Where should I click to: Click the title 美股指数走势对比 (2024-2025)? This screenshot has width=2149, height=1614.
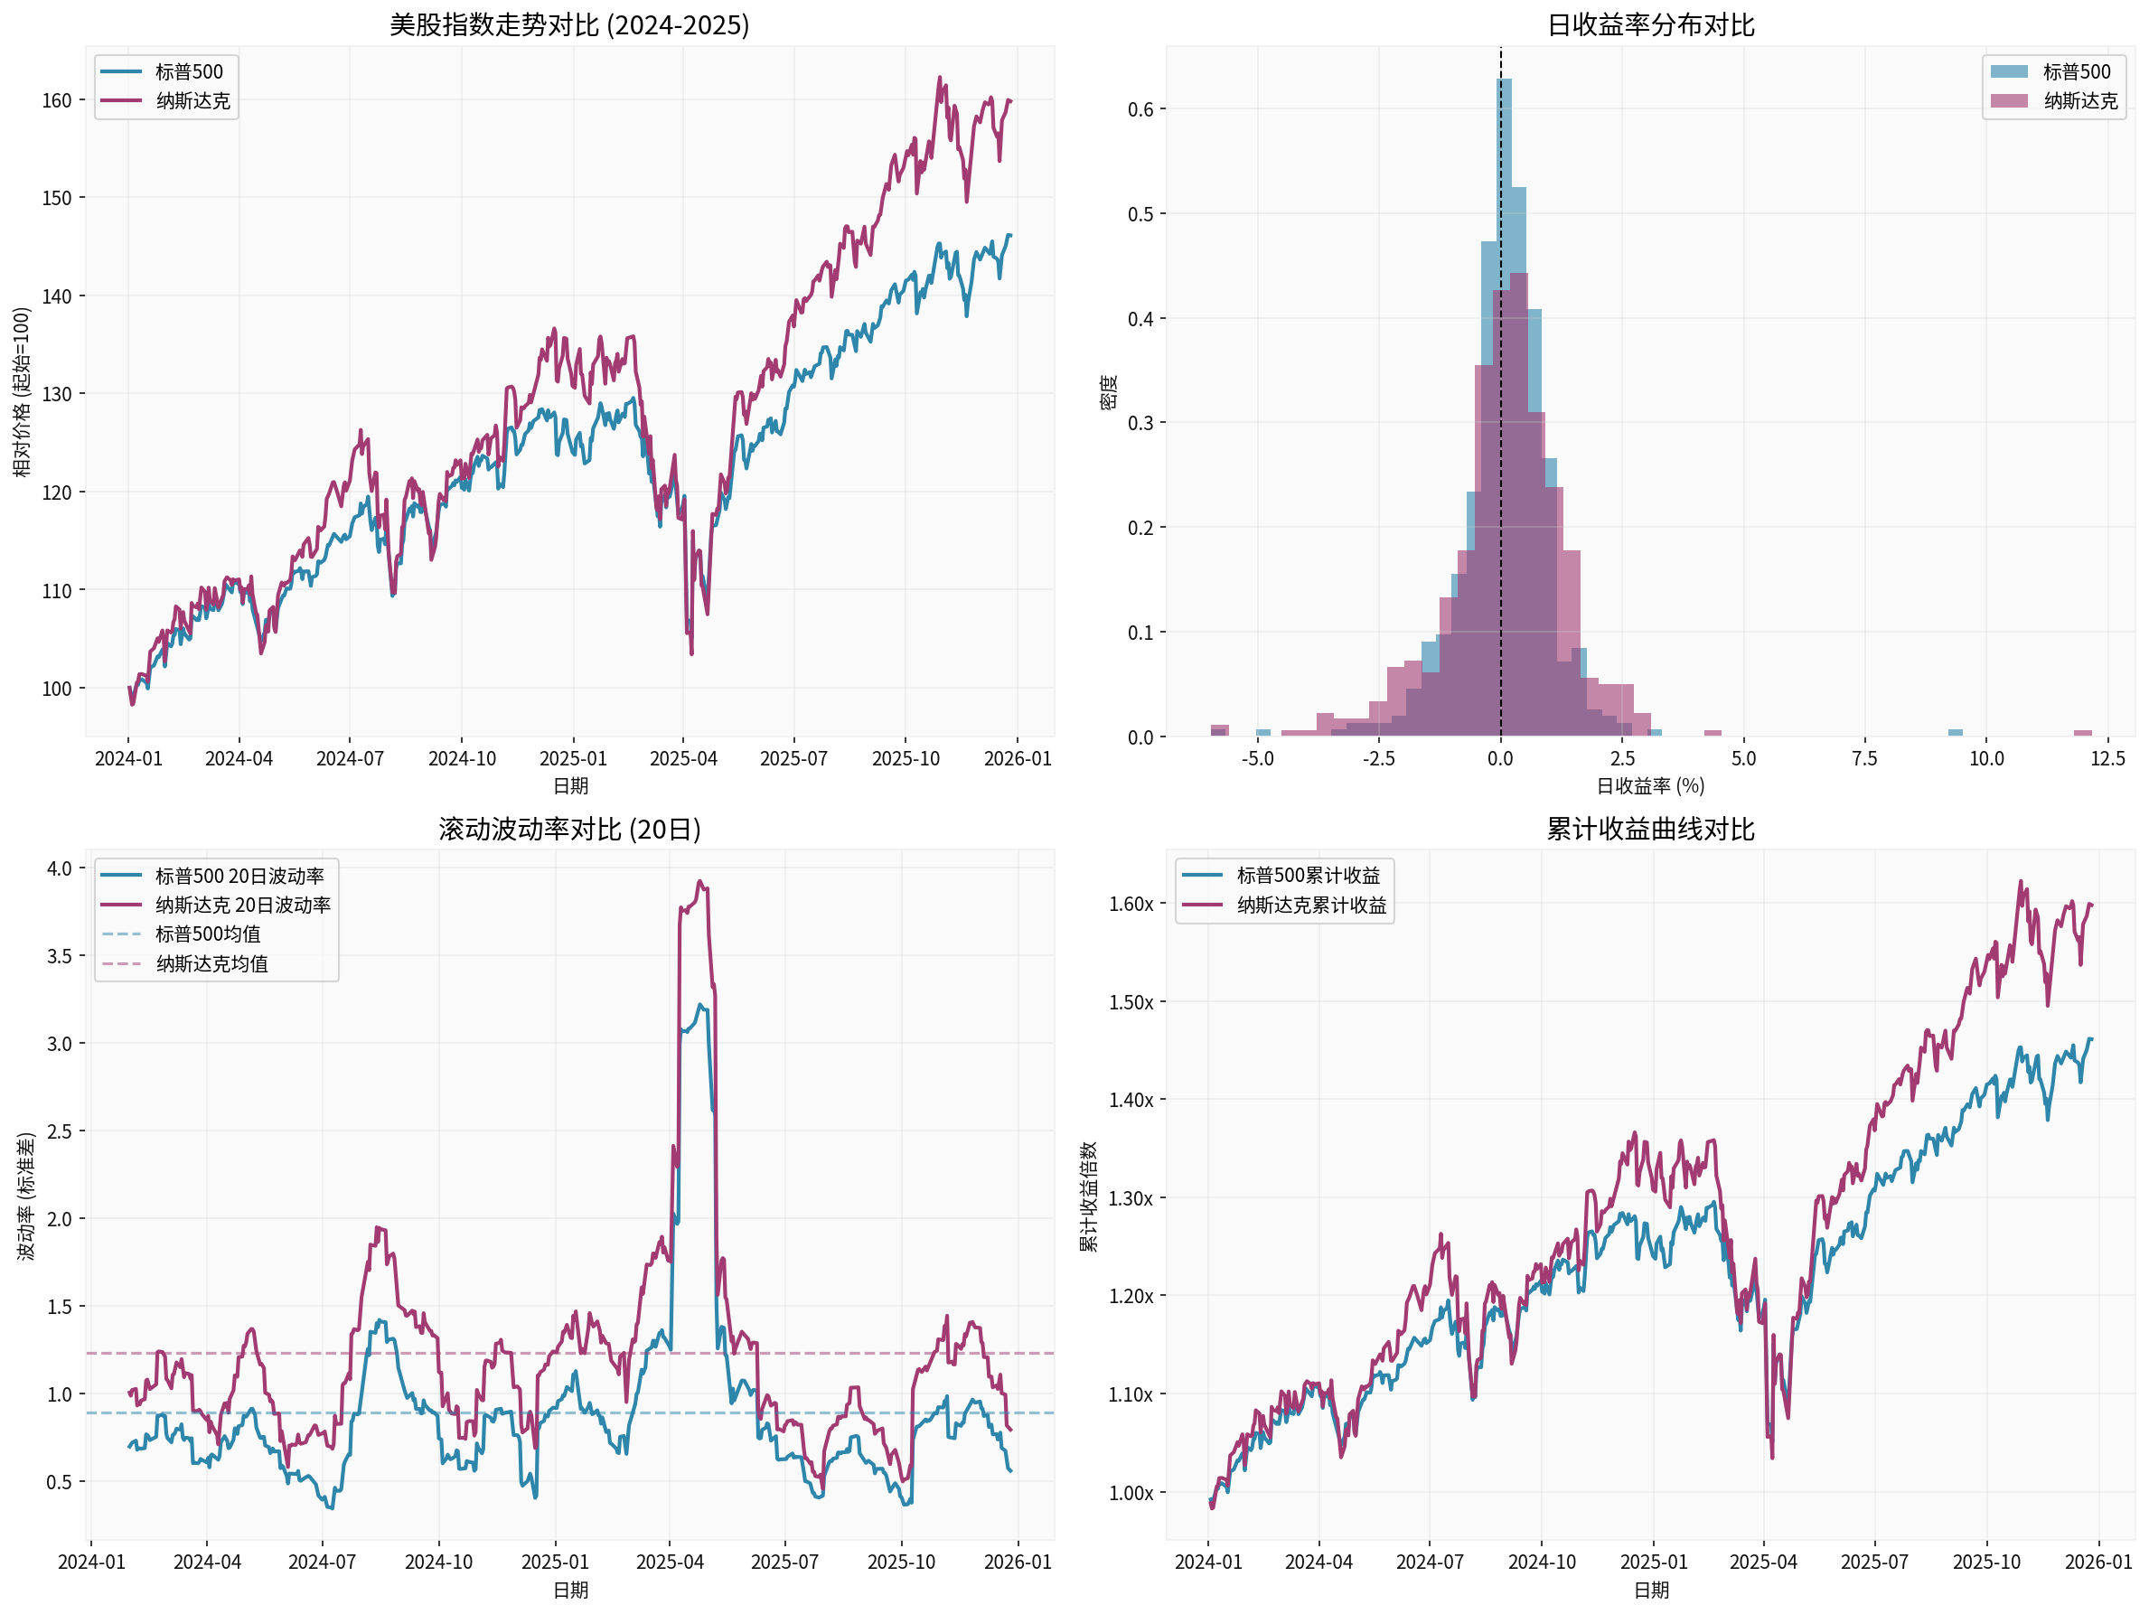pyautogui.click(x=569, y=24)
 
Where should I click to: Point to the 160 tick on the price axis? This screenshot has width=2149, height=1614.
pyautogui.click(x=57, y=100)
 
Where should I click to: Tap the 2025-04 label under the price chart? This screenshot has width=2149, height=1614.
pyautogui.click(x=683, y=758)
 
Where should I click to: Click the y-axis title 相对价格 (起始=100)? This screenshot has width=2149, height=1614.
pyautogui.click(x=22, y=391)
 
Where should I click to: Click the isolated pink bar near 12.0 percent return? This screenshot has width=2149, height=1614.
pyautogui.click(x=2082, y=733)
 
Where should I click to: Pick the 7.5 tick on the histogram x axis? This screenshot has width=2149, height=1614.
pyautogui.click(x=1864, y=758)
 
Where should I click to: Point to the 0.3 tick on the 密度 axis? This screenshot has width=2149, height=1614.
pyautogui.click(x=1140, y=423)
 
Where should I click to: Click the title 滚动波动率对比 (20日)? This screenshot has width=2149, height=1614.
pyautogui.click(x=569, y=829)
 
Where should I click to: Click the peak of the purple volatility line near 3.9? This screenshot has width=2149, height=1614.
pyautogui.click(x=700, y=882)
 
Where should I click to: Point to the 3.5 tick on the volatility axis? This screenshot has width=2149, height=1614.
pyautogui.click(x=60, y=956)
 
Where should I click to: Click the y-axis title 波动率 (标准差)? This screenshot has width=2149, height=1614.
pyautogui.click(x=26, y=1196)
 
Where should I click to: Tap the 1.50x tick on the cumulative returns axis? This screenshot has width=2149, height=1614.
pyautogui.click(x=1131, y=1002)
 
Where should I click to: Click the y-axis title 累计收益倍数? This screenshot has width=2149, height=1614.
pyautogui.click(x=1089, y=1196)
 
